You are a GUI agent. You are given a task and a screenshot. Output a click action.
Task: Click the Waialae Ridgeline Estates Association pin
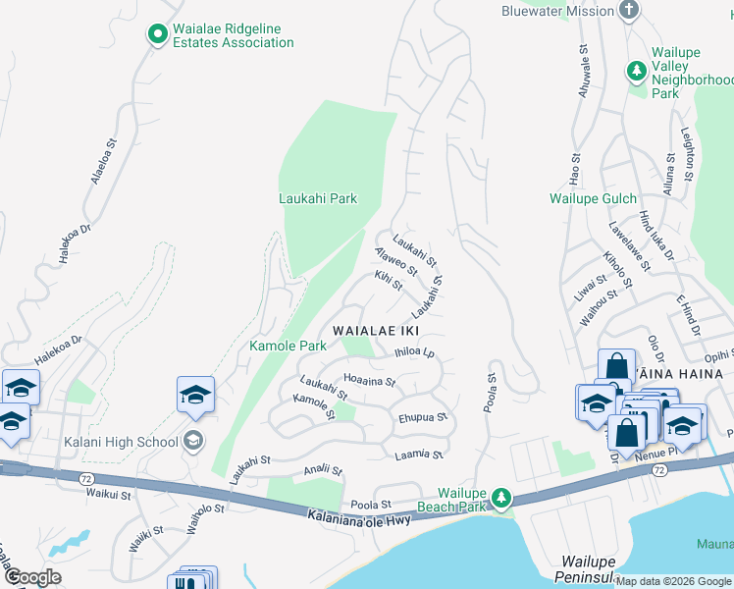(156, 35)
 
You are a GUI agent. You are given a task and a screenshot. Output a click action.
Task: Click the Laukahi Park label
(317, 198)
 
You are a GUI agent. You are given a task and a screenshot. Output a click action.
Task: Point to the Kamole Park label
(288, 346)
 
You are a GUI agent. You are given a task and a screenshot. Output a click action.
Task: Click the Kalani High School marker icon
(193, 441)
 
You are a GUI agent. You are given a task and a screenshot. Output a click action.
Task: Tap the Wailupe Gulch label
(593, 198)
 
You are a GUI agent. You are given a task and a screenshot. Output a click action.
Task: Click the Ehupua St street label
(423, 417)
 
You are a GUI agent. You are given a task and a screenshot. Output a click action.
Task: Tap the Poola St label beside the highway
(371, 504)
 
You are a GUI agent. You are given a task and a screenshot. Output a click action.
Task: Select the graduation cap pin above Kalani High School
(195, 397)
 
